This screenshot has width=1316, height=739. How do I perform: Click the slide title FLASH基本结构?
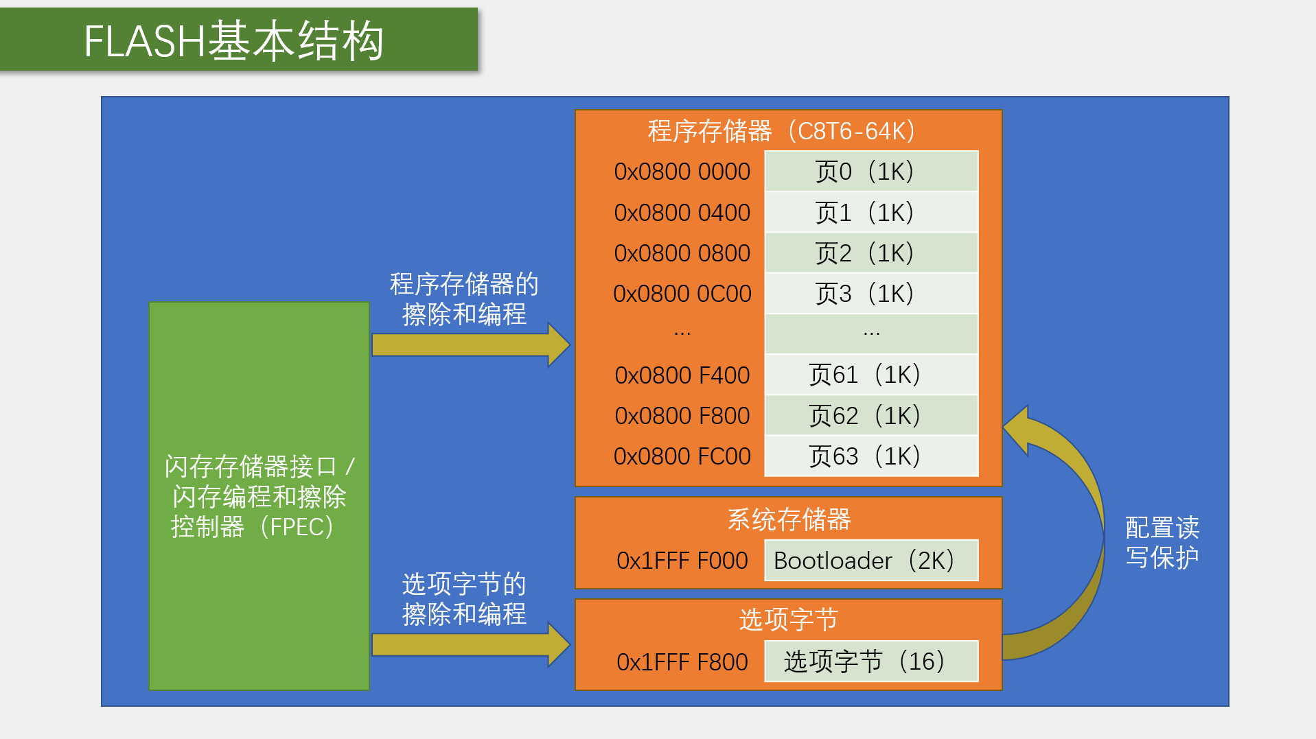(233, 40)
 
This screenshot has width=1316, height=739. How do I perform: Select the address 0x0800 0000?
(682, 172)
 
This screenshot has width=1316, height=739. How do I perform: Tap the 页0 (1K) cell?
(870, 172)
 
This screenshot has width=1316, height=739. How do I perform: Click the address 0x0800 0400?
(682, 213)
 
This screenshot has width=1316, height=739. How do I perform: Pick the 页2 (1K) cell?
(870, 253)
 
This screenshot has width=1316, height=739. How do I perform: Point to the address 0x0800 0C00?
(682, 294)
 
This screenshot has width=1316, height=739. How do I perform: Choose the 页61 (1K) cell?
(870, 375)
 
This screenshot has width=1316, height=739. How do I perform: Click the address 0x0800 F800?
(682, 416)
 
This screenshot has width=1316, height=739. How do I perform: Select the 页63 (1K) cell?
(870, 456)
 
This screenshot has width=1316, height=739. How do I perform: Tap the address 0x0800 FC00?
(682, 456)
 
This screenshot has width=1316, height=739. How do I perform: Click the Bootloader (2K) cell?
(870, 561)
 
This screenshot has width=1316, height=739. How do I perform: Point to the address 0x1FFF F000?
(682, 561)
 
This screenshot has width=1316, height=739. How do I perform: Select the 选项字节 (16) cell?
(870, 661)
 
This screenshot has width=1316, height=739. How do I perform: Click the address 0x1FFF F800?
(682, 662)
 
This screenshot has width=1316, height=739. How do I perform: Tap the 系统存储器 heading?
(789, 519)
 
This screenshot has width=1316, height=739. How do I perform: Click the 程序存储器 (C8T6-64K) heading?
(781, 131)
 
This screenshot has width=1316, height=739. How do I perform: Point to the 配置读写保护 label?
(1162, 542)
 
